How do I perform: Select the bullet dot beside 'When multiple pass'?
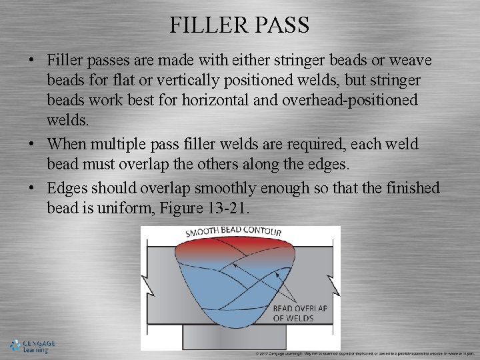(32, 144)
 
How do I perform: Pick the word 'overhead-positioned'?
(361, 100)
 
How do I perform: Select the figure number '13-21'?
(224, 208)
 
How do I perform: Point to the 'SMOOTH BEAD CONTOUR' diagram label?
(233, 233)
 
